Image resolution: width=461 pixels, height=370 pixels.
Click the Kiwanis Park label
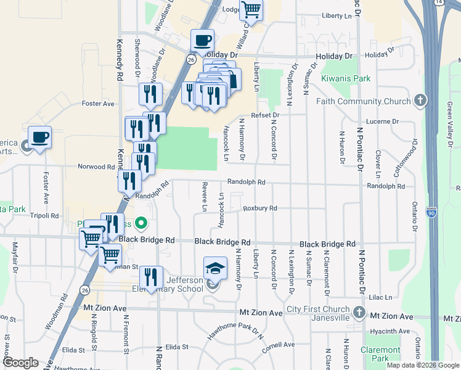coord(346,78)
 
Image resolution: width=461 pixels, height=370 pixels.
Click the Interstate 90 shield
coord(430,211)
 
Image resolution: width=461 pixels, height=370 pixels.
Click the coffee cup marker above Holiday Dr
coord(203,41)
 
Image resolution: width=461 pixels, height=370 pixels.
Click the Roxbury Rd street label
coord(260,208)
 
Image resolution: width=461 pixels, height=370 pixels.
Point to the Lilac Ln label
coord(380,297)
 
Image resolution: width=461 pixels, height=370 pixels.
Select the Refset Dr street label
coord(266,115)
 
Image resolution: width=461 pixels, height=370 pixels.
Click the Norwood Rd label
coord(96,166)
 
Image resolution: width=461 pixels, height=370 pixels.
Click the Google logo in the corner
coord(20,363)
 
